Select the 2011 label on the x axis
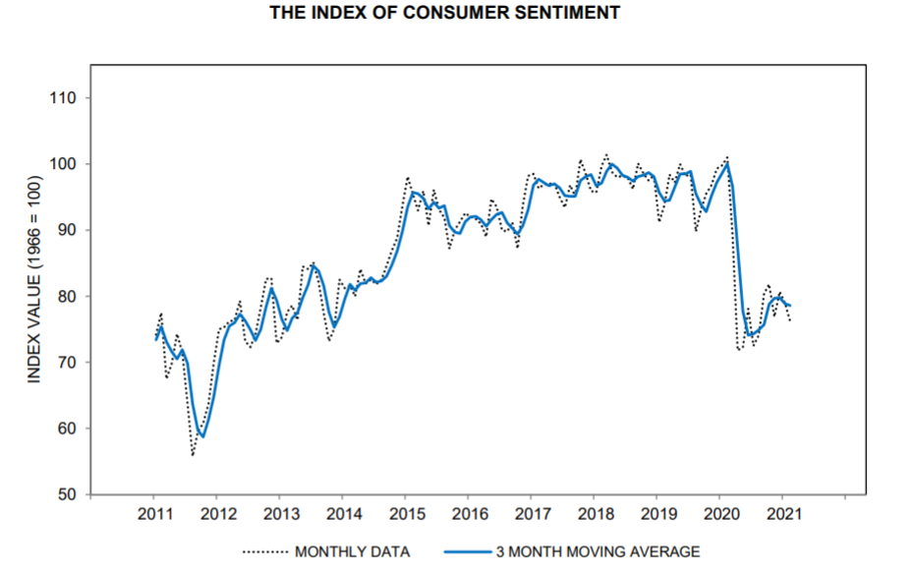click(x=154, y=514)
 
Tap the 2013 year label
click(x=280, y=514)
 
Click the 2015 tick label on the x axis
click(x=407, y=514)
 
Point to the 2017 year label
click(x=533, y=514)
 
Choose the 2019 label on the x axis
click(x=658, y=514)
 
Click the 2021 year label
click(x=785, y=514)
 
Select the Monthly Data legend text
click(x=352, y=552)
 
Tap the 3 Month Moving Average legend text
click(x=598, y=552)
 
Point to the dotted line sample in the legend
click(x=263, y=552)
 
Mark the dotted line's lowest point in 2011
click(x=193, y=455)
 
